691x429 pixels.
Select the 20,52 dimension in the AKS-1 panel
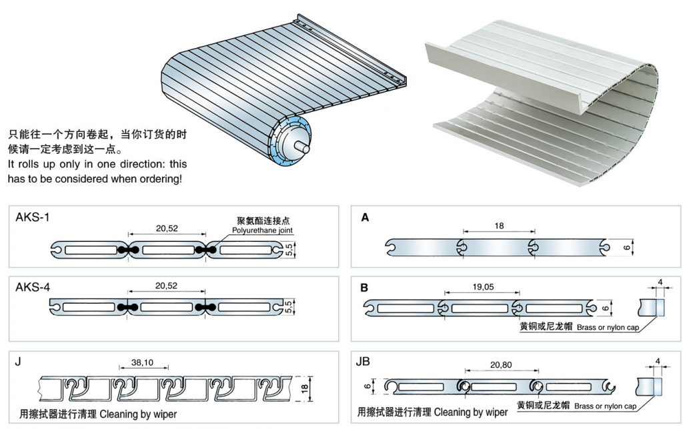coord(167,228)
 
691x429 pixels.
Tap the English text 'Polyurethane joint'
coord(262,230)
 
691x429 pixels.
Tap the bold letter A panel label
coord(365,217)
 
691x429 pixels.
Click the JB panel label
coord(365,362)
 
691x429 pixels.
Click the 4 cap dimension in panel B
coord(660,283)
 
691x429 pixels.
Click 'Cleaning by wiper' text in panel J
coord(139,414)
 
